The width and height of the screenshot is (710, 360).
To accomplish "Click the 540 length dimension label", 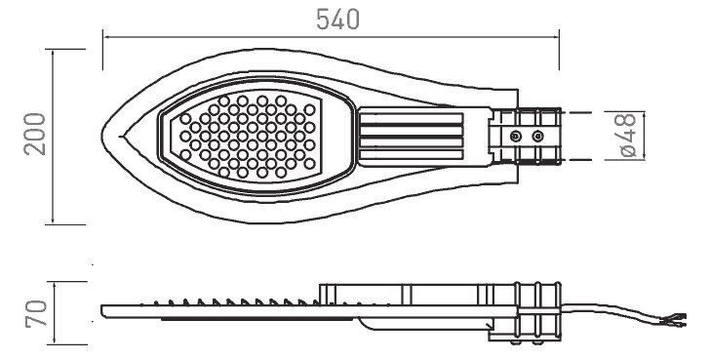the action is [337, 20].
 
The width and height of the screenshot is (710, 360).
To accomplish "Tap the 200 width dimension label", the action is [35, 135].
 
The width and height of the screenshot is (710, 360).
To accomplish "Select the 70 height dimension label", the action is [36, 313].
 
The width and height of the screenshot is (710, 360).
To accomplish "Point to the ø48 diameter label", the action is [628, 136].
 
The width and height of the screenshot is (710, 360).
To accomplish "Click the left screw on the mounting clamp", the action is [515, 136].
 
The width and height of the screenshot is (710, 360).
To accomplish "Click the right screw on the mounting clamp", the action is [537, 136].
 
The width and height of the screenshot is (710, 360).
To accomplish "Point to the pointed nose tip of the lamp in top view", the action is [102, 135].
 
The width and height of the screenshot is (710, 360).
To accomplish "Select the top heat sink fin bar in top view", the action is [412, 118].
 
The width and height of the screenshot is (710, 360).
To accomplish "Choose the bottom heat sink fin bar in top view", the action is [412, 154].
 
